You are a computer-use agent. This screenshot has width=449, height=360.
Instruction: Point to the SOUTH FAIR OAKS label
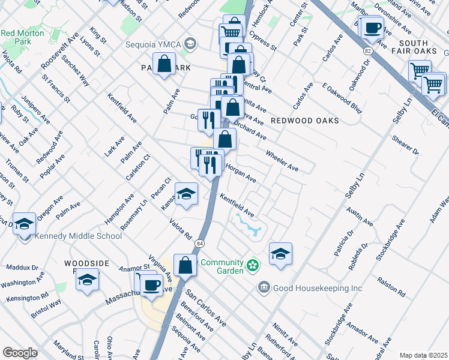coord(405,48)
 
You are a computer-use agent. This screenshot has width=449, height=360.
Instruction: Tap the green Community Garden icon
coord(253,263)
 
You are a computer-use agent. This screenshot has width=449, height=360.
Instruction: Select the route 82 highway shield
coord(367,53)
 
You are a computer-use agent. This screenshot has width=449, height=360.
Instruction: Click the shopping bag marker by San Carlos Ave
coord(185,265)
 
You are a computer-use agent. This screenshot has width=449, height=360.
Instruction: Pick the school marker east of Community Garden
coord(280,253)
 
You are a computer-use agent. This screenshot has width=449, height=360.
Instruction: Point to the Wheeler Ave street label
coord(282,160)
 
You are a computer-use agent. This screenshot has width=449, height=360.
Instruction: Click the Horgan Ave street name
coord(241,174)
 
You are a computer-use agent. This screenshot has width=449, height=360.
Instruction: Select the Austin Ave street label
coord(359,215)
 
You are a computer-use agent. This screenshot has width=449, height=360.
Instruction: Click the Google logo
coord(20,352)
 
